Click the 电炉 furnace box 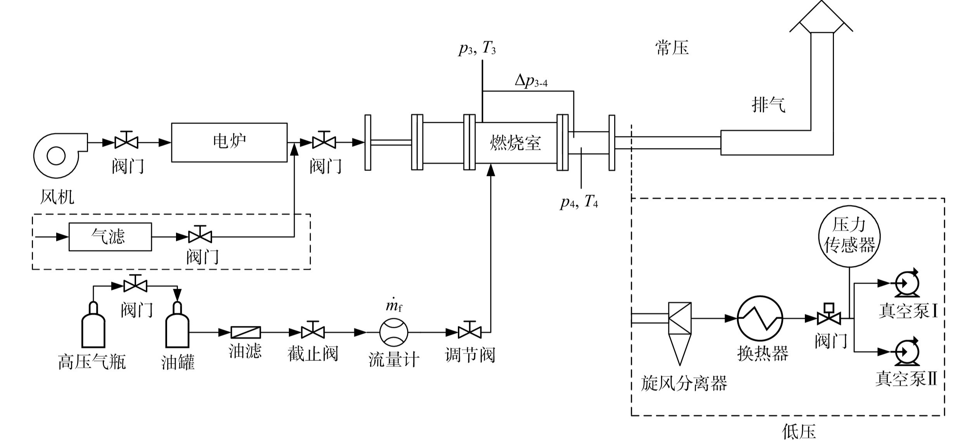pyautogui.click(x=229, y=142)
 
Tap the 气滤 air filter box pyautogui.click(x=110, y=237)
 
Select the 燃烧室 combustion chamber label pyautogui.click(x=515, y=143)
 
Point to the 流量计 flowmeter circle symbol pyautogui.click(x=394, y=332)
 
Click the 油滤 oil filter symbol pyautogui.click(x=246, y=332)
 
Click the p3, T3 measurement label pyautogui.click(x=477, y=49)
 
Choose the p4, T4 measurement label pyautogui.click(x=579, y=202)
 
